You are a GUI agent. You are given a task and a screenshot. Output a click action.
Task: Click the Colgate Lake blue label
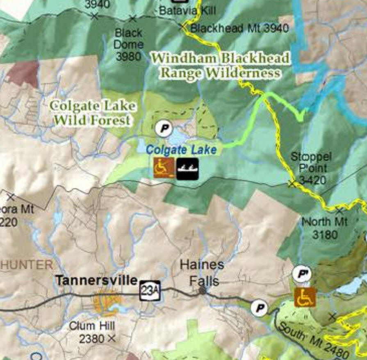[x=181, y=150]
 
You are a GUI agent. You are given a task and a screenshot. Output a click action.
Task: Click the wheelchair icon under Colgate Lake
[x=164, y=168]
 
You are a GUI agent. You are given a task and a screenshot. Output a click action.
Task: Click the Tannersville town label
[x=96, y=280]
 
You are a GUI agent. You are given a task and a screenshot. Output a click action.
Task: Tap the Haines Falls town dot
[x=202, y=290]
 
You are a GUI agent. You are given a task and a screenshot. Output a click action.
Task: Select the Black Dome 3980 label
[x=128, y=44]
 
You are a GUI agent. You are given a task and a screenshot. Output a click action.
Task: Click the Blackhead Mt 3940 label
[x=239, y=28]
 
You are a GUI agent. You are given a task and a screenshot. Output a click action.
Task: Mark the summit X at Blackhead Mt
[x=183, y=27]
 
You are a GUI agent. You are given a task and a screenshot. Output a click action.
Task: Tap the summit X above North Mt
[x=339, y=211]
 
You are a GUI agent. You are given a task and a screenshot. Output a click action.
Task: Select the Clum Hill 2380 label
[x=92, y=333]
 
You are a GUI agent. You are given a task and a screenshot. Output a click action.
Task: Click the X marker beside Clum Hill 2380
[x=111, y=339]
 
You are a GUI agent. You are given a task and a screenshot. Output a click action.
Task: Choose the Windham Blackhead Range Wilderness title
[x=220, y=65]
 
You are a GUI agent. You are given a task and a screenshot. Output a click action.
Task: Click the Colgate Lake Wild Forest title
[x=93, y=113]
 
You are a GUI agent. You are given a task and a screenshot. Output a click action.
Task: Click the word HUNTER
[x=27, y=265]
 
